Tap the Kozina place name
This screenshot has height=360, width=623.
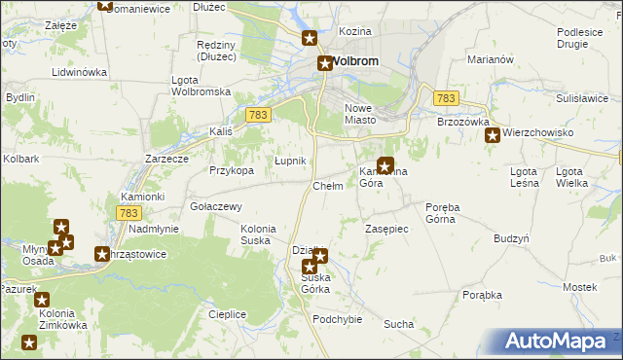(355, 32)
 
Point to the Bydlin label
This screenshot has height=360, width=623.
(20, 98)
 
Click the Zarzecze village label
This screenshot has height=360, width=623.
(165, 158)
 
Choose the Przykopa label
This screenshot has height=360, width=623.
(232, 170)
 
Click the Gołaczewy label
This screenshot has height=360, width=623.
(216, 206)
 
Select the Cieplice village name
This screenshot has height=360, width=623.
(227, 314)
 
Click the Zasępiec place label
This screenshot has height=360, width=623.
(386, 229)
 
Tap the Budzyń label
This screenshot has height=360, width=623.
(511, 238)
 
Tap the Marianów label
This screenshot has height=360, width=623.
(490, 59)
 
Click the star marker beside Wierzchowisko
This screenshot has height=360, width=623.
(493, 135)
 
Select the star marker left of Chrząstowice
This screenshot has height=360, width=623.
(101, 255)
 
